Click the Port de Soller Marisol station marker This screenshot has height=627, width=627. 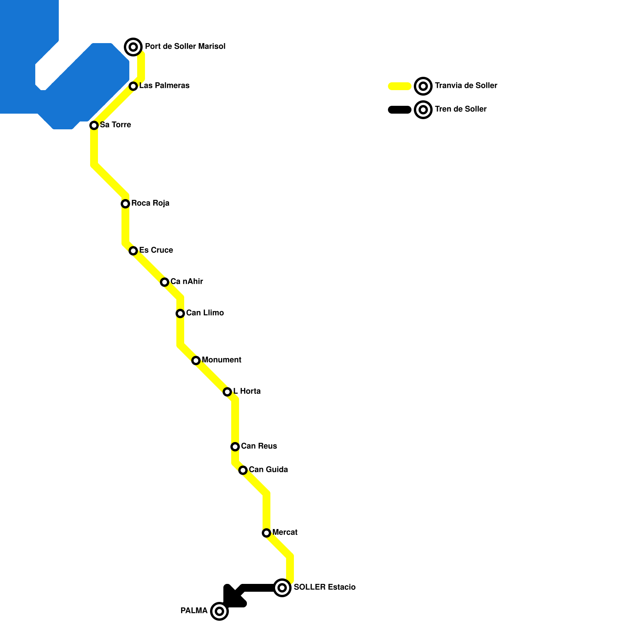click(x=133, y=47)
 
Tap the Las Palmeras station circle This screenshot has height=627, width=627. click(x=133, y=86)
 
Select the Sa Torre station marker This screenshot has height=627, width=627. click(x=94, y=125)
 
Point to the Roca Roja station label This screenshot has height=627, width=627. click(x=150, y=203)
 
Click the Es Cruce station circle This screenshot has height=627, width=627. click(x=133, y=251)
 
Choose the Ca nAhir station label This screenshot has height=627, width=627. click(x=187, y=281)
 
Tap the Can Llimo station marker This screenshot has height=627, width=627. click(x=180, y=313)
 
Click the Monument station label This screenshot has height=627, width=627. click(x=221, y=360)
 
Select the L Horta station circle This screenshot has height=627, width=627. click(x=227, y=392)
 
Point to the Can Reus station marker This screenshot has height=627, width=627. click(x=235, y=447)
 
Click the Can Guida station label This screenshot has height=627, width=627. click(x=268, y=469)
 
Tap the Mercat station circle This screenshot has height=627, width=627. click(x=266, y=533)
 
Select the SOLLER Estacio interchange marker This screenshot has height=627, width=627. click(x=282, y=588)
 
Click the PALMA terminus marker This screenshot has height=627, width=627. click(x=219, y=611)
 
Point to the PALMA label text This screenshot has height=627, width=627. click(x=194, y=611)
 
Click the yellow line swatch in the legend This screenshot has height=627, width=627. click(x=400, y=86)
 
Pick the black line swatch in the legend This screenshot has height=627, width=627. click(x=400, y=110)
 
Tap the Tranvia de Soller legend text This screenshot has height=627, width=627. click(x=466, y=85)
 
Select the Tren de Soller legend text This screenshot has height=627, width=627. click(x=460, y=109)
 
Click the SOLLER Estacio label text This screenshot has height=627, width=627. click(x=324, y=587)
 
